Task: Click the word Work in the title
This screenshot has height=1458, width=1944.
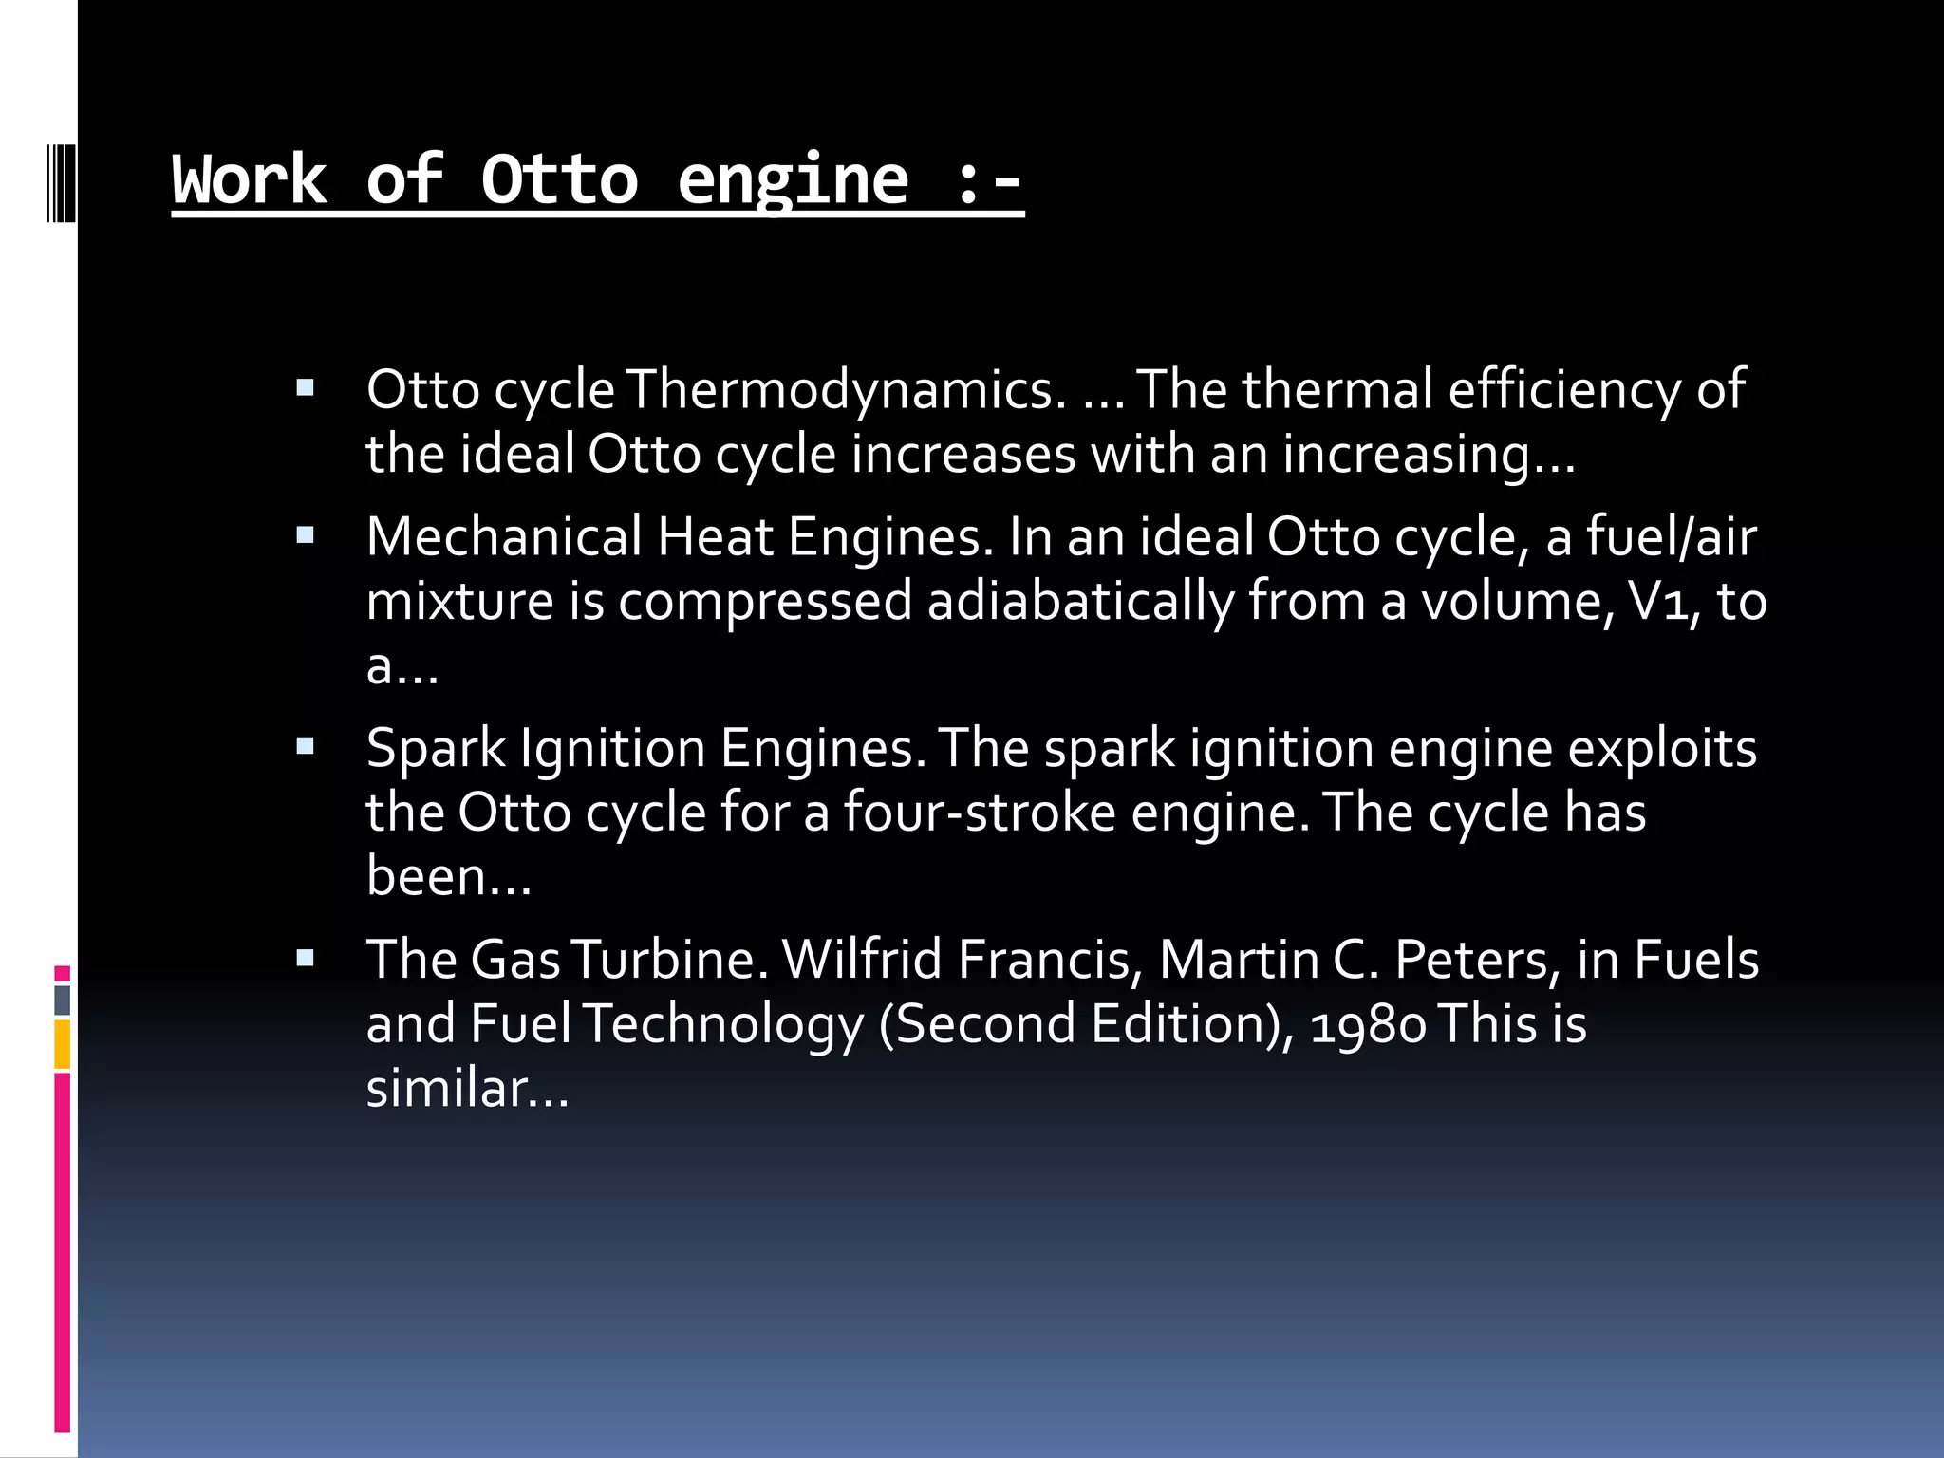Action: click(249, 179)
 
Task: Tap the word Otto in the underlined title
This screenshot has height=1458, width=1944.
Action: click(559, 179)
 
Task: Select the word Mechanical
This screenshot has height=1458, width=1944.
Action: click(504, 537)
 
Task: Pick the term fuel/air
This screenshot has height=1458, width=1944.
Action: click(1672, 537)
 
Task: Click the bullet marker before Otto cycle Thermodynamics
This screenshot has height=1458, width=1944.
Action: click(305, 387)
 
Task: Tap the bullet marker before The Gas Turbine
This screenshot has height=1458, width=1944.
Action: click(305, 958)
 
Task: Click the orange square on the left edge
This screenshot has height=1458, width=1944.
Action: click(63, 1044)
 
